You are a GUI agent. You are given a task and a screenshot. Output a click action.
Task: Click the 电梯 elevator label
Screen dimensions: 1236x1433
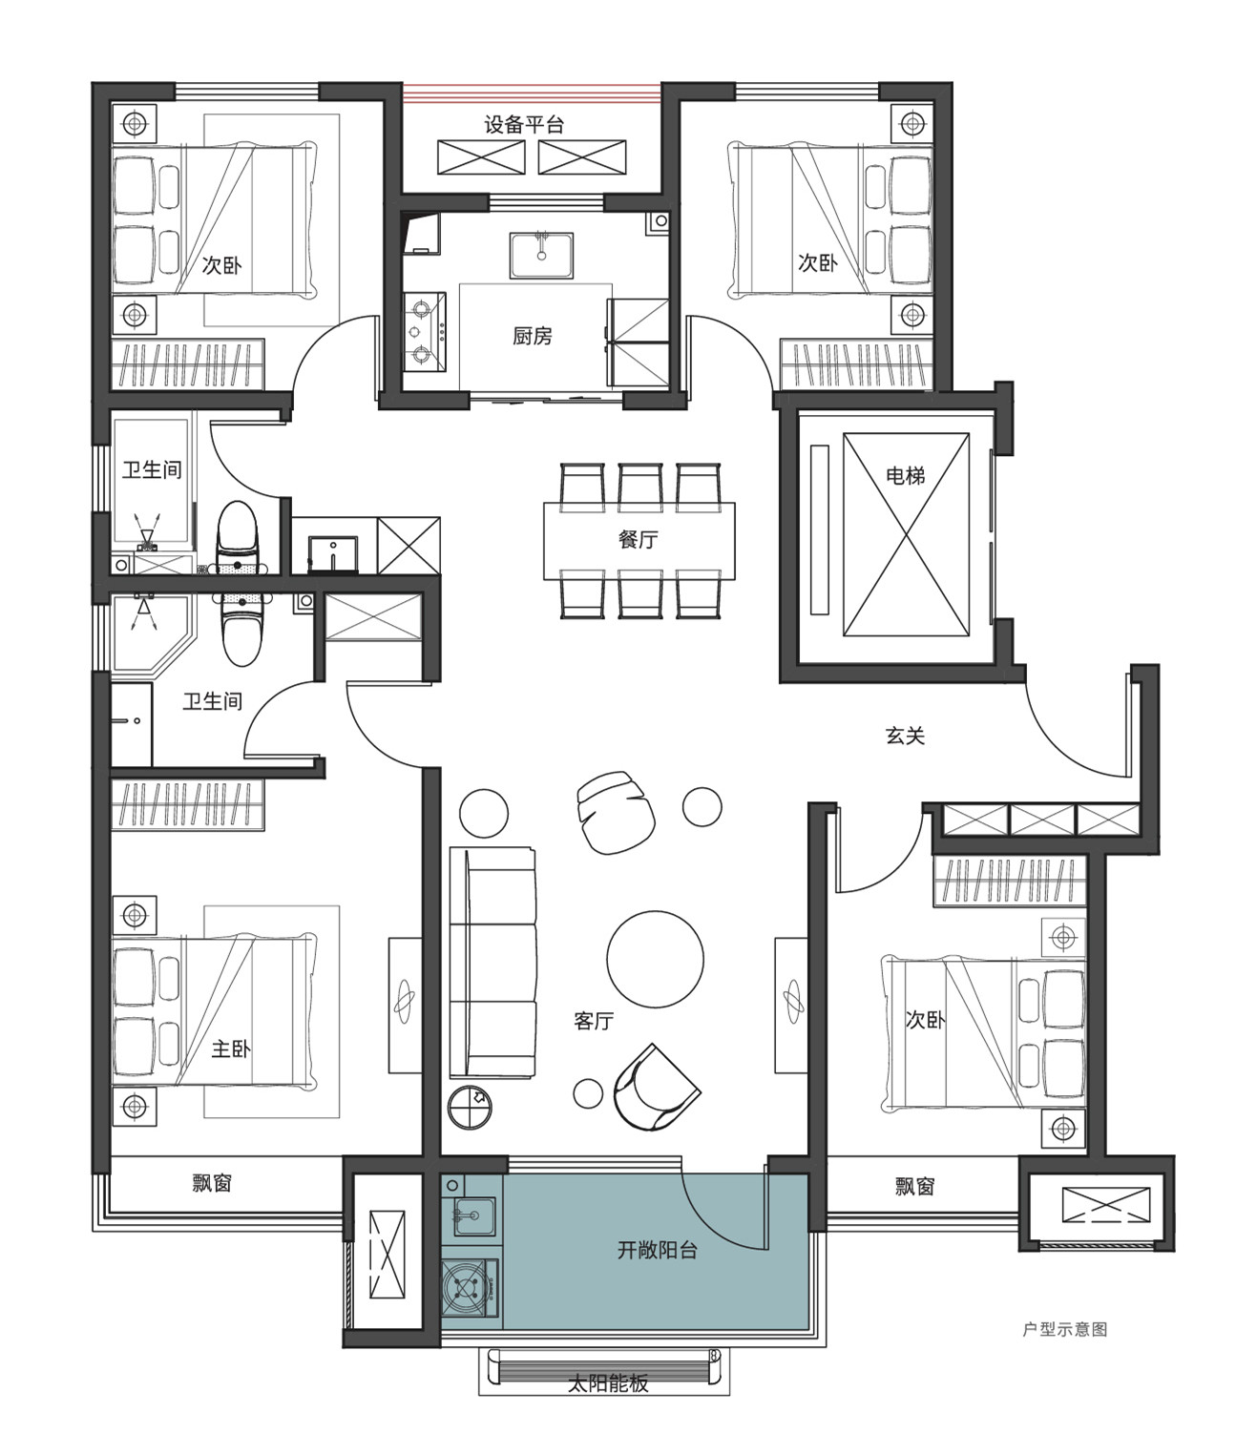[905, 475]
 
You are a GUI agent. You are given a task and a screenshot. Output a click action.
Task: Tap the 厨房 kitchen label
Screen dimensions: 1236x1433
[533, 336]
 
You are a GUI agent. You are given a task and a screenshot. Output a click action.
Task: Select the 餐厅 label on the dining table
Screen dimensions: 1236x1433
[639, 539]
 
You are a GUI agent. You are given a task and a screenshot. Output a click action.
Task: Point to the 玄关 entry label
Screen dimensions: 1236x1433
[905, 736]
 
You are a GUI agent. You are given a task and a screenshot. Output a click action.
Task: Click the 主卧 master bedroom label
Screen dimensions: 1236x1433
[231, 1049]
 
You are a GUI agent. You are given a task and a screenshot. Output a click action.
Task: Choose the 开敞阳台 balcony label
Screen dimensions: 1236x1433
[657, 1251]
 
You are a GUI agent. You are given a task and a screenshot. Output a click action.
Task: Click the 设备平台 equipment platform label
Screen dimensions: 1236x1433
[524, 125]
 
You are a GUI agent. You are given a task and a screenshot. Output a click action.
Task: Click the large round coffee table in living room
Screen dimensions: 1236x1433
[656, 960]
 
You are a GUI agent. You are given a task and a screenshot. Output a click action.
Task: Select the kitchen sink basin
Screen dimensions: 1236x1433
[542, 255]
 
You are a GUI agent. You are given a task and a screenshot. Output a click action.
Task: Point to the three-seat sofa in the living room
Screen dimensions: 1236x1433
[492, 963]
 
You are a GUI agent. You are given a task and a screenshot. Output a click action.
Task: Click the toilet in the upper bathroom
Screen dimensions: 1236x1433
[238, 538]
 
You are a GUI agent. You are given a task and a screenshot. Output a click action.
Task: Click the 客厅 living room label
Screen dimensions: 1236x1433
[594, 1021]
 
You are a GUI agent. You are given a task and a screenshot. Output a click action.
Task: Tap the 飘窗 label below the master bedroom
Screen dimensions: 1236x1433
[212, 1183]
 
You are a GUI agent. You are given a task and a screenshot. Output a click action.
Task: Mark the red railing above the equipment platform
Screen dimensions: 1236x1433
[532, 92]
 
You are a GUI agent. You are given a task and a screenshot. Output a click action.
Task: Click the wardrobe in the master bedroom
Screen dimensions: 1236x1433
[187, 805]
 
